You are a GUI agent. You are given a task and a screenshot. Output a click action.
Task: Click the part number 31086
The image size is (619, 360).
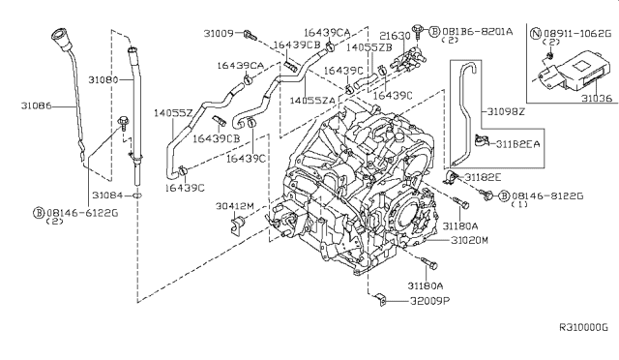point(36,105)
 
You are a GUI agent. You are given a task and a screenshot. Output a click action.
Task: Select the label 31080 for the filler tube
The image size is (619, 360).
point(103,79)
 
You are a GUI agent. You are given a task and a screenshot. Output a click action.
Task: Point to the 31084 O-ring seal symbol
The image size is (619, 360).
point(137,195)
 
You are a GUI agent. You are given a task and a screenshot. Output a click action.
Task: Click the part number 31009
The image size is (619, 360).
point(219,34)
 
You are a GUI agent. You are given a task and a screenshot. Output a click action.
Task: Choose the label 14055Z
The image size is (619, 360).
point(173,113)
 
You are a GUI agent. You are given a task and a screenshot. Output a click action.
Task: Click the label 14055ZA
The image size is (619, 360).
point(312,101)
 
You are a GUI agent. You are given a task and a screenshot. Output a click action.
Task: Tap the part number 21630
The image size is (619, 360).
point(395,36)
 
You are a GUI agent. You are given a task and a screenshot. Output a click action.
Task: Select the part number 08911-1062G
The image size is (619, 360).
point(577,34)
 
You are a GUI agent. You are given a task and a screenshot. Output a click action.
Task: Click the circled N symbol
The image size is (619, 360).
point(536,34)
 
